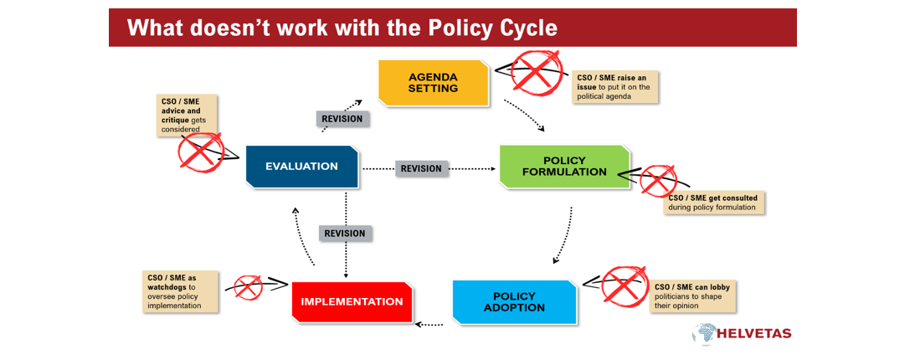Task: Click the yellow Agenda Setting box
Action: (434, 83)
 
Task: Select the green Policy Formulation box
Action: (565, 167)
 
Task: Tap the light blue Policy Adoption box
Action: (514, 301)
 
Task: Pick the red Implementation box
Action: (352, 301)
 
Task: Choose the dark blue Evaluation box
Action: (301, 167)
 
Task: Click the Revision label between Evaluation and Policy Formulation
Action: (422, 168)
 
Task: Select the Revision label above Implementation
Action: (346, 234)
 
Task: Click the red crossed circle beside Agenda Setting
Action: (536, 72)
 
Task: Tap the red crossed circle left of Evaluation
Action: (201, 152)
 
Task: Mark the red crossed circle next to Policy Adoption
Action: (625, 284)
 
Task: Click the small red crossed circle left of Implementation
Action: (248, 285)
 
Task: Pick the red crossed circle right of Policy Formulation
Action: (658, 180)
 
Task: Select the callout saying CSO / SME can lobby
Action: (692, 297)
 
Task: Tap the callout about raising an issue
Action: (615, 87)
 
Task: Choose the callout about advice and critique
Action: (187, 116)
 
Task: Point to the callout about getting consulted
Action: (714, 203)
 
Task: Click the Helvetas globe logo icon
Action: (702, 333)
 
